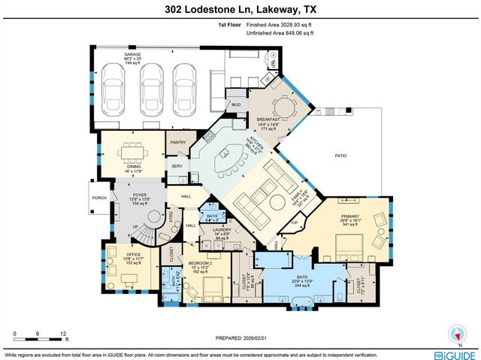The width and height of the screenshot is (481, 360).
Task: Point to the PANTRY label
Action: (x=178, y=141)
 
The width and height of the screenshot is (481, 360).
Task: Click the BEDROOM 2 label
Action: (x=201, y=263)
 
